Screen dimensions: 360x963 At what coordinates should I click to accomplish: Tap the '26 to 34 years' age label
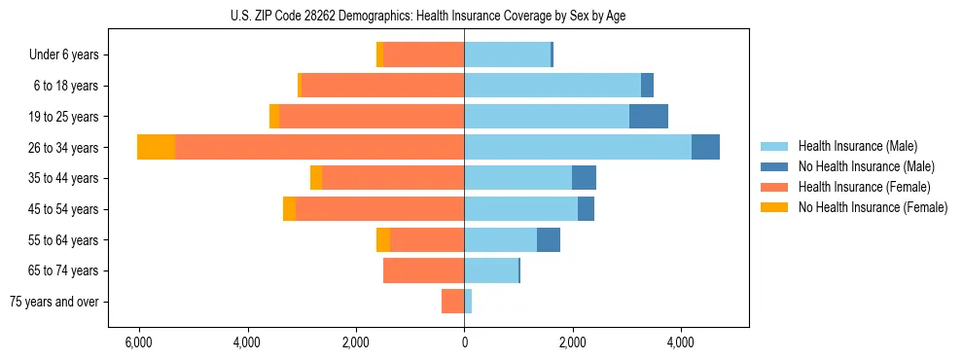point(64,148)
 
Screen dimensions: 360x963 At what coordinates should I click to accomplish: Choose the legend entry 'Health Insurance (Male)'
point(857,146)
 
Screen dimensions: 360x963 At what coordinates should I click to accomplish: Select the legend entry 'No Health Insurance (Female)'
point(872,207)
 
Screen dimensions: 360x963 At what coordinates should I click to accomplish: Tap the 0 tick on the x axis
point(464,342)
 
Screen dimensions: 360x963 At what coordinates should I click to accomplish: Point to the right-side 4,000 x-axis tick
point(681,342)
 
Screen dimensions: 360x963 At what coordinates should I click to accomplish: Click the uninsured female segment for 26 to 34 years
point(156,147)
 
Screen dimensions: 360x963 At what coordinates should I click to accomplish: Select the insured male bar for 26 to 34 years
point(577,147)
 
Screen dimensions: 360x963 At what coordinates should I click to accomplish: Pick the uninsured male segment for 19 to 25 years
point(649,116)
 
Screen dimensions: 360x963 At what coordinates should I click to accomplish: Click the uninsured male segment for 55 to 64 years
point(549,239)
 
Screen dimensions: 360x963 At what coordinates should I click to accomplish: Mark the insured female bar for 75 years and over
point(452,302)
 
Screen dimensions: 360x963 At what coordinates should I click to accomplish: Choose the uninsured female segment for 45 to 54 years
point(289,208)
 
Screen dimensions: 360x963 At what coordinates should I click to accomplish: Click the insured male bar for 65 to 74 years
point(491,270)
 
